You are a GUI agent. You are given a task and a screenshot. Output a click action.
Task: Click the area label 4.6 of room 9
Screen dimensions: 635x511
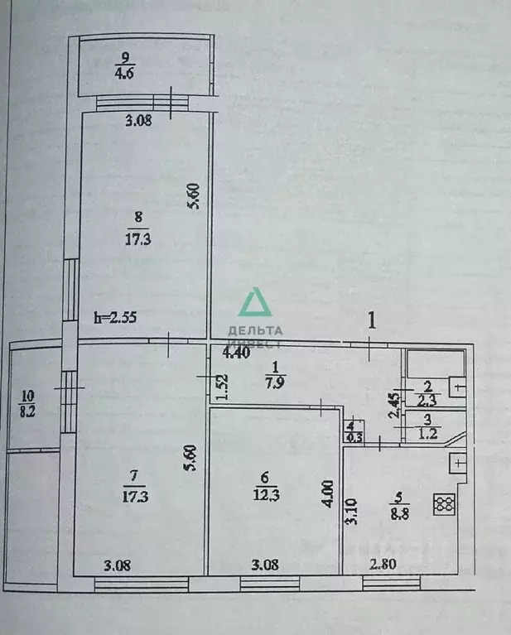click(x=125, y=72)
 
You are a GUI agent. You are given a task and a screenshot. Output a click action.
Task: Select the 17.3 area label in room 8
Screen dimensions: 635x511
click(x=137, y=240)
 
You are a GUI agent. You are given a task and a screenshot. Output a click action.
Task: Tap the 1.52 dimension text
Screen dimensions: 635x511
click(x=219, y=388)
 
